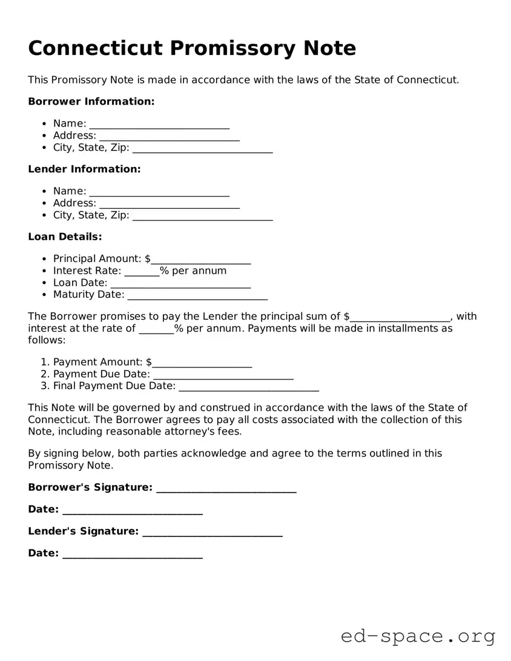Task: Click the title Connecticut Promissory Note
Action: pos(192,48)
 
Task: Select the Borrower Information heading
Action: pos(91,102)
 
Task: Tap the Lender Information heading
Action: pos(84,169)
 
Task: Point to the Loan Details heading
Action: pos(65,237)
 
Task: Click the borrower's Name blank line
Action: pos(159,125)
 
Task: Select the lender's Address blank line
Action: pos(169,204)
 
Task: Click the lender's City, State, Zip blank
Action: pos(202,216)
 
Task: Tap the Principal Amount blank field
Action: pos(201,260)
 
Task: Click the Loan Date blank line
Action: pos(180,284)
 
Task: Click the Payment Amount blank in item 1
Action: pos(202,363)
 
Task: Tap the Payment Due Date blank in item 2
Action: pos(223,375)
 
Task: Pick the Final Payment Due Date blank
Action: pos(249,387)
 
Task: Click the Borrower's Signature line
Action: pos(226,488)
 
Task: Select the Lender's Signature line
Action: pos(212,532)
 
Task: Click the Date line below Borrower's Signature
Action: pos(132,510)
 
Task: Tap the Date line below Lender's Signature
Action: pos(132,554)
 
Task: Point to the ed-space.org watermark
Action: pos(418,636)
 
